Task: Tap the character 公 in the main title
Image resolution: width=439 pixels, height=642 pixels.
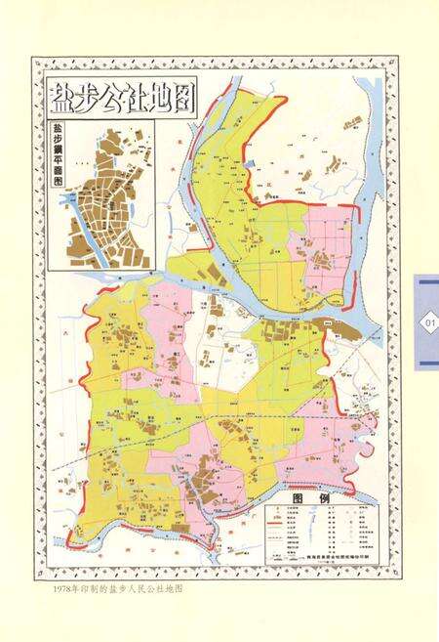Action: tap(115, 99)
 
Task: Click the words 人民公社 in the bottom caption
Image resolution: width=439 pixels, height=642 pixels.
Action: tap(144, 590)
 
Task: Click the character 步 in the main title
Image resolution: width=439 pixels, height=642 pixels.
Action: tap(88, 99)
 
